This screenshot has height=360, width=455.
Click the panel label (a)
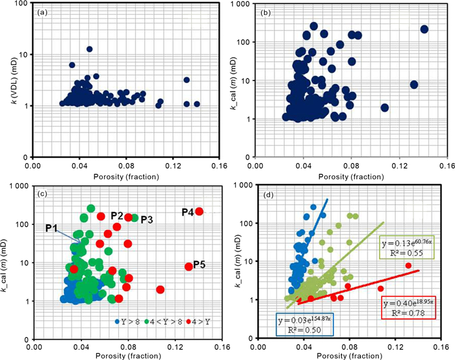42,12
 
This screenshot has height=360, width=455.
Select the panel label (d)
272,194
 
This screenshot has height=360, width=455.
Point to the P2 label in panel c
117,215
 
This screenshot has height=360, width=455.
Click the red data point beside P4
200,211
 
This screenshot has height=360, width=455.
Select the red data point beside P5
189,266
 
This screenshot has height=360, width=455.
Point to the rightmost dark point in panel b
424,29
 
